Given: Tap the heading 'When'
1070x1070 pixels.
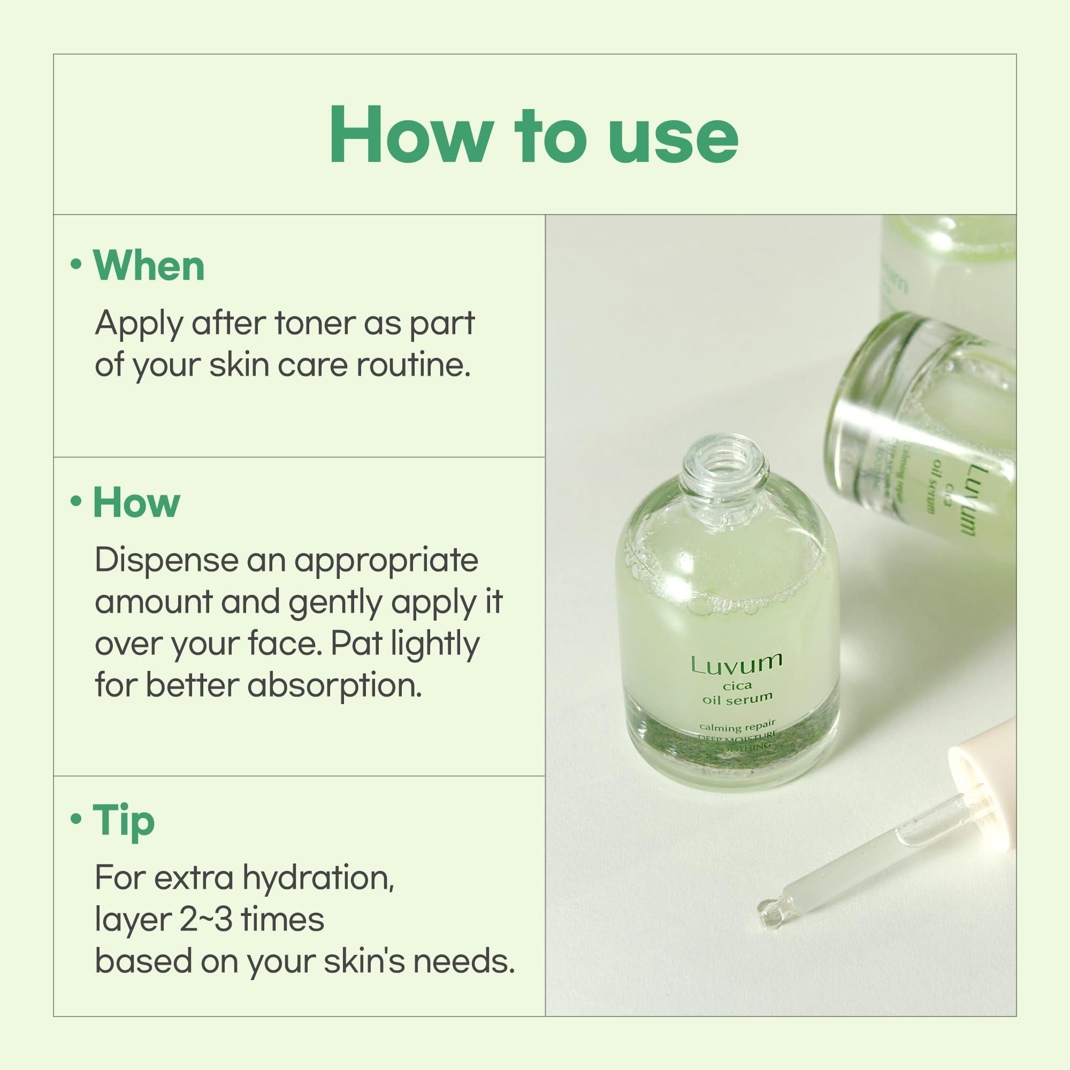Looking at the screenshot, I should click(149, 266).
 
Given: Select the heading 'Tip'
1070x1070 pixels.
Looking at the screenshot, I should click(124, 821).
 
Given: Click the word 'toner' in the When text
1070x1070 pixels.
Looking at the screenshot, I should click(315, 324).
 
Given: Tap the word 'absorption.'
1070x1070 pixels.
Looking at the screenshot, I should click(334, 686).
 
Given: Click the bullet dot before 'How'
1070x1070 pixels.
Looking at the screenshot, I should click(77, 502).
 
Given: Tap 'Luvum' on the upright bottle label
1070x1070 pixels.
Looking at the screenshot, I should click(736, 664).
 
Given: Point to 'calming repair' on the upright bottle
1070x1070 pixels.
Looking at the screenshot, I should click(737, 726).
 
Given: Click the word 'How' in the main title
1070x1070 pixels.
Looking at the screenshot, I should click(410, 136).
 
